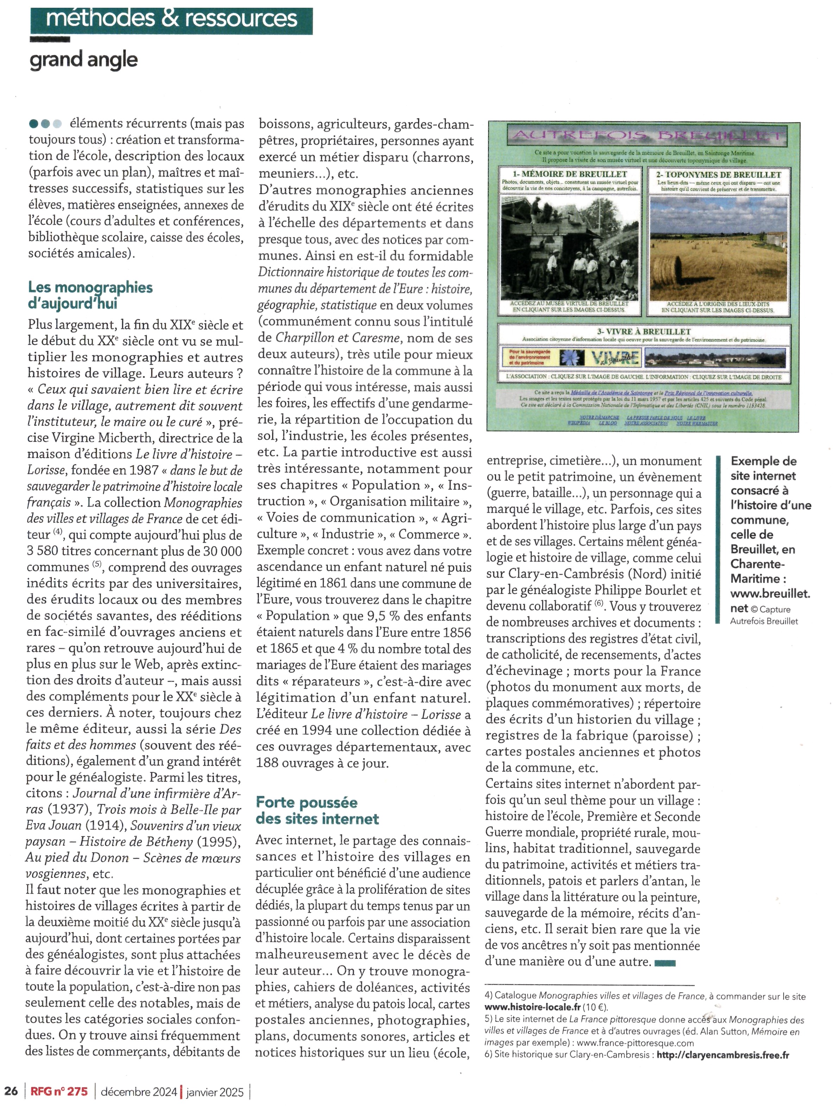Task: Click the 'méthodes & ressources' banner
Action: [171, 19]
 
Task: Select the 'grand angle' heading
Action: [84, 60]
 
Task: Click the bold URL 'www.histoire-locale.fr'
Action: [532, 1007]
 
